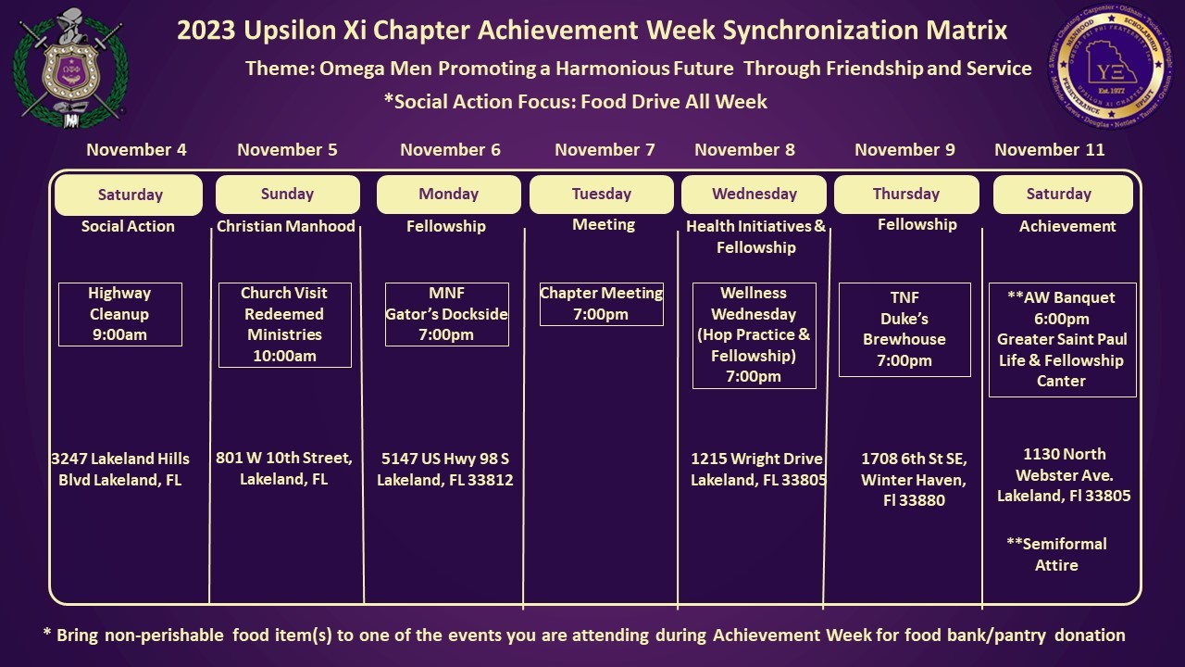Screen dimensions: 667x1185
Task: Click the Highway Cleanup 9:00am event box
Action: point(119,314)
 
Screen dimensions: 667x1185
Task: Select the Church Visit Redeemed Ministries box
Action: point(284,324)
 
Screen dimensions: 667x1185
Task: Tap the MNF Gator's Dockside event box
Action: point(446,314)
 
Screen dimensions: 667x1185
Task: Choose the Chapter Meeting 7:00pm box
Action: point(601,304)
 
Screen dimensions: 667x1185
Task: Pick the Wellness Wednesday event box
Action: point(754,334)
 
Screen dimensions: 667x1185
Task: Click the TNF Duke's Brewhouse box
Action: point(904,330)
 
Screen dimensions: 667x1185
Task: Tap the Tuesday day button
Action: point(601,195)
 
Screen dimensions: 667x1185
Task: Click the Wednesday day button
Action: point(754,195)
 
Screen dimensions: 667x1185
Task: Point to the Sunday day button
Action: point(287,195)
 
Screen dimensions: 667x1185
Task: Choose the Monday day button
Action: point(448,195)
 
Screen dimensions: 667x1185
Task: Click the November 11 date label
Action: point(1049,150)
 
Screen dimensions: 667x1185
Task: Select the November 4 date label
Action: point(136,150)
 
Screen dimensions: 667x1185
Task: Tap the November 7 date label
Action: point(605,150)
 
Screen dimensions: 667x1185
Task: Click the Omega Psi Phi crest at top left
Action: point(68,67)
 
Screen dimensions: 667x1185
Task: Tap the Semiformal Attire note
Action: point(1056,554)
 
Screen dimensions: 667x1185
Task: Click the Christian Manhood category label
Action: point(285,226)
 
